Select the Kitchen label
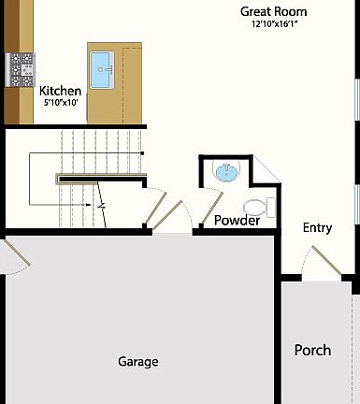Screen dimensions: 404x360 (60, 91)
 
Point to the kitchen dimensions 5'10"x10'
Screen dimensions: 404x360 (60, 103)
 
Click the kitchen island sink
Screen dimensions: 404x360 (102, 66)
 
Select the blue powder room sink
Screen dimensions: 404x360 (225, 172)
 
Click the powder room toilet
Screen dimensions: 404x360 (253, 207)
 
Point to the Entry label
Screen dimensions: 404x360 (317, 228)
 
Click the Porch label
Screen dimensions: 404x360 (312, 351)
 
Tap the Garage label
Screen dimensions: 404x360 (137, 362)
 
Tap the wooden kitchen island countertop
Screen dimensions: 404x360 (127, 89)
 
